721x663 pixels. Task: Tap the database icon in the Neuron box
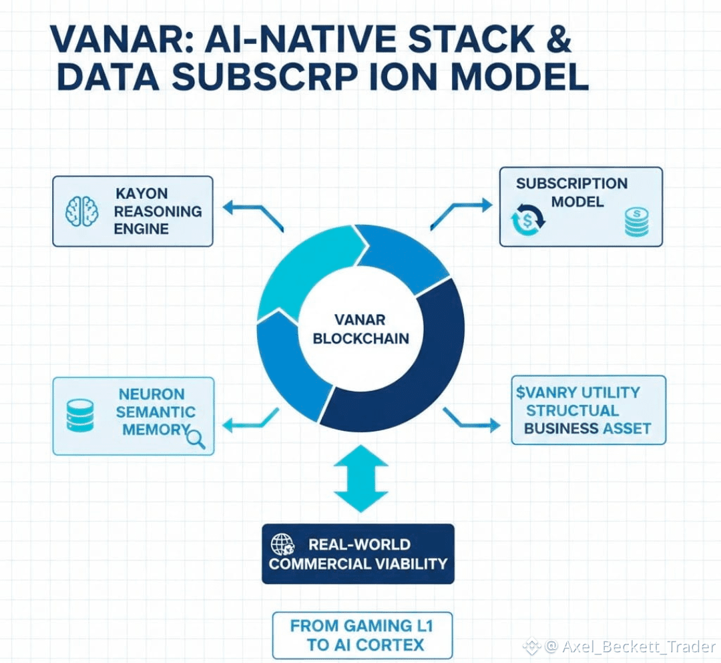pos(80,415)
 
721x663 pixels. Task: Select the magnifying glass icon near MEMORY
pos(196,438)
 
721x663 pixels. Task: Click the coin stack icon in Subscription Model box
pos(636,221)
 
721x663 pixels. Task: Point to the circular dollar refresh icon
pos(527,220)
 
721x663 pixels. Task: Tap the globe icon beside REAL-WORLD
pos(282,544)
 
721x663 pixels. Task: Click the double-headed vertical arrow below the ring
pos(360,478)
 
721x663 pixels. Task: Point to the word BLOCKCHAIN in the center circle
pos(360,339)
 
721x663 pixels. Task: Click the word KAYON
pos(142,193)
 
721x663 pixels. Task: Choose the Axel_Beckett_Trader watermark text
pos(638,646)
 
